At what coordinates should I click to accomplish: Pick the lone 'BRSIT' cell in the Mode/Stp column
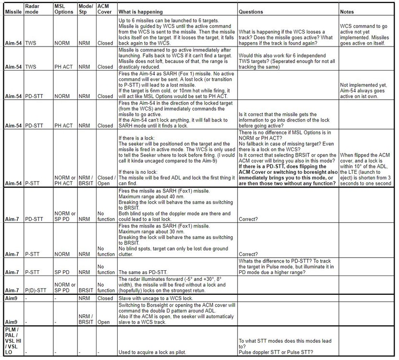(85, 290)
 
